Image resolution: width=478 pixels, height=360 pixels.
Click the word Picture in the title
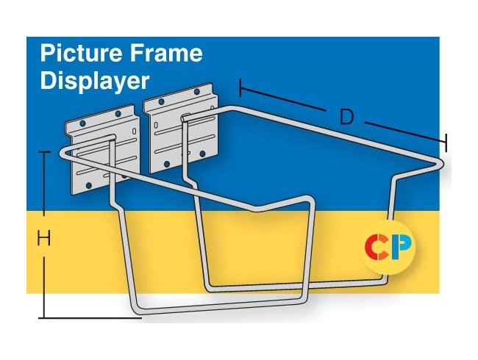82,52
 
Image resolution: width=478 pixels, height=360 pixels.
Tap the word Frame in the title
166,52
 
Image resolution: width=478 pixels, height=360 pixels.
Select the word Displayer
95,82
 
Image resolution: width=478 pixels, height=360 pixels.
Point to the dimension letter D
346,117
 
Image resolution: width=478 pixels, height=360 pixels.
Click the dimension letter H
43,238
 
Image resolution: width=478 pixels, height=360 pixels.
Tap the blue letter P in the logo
402,246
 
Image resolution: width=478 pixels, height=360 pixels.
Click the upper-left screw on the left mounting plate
82,123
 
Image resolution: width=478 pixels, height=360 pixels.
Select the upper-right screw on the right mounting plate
197,91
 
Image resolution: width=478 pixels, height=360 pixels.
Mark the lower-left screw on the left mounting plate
89,185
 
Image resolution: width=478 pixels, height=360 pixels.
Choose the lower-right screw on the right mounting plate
202,154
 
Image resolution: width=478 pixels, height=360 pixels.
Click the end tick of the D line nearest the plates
240,88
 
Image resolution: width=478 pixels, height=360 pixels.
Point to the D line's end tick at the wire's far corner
446,143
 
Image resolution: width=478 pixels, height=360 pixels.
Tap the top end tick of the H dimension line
45,152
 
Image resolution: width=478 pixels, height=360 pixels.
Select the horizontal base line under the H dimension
90,318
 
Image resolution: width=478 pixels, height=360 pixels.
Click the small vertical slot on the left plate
135,131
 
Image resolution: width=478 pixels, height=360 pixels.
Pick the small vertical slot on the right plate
156,125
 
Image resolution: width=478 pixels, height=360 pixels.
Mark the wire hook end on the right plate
185,118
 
